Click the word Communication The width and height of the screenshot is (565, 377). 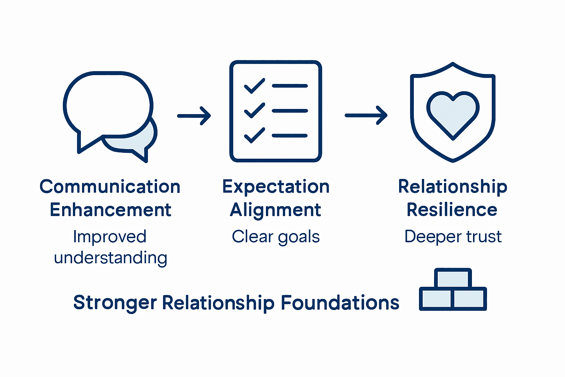(110, 187)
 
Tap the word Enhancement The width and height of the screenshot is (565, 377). (110, 210)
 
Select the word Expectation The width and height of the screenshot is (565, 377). (276, 187)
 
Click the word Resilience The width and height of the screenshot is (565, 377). (452, 210)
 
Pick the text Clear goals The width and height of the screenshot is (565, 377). (276, 237)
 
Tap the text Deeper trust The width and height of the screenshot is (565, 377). (453, 237)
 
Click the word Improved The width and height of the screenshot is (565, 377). (110, 237)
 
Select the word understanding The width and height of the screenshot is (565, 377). (110, 258)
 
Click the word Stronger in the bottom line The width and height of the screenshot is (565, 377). (115, 303)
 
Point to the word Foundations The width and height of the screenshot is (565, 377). (340, 303)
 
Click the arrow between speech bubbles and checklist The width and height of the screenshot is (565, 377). (194, 116)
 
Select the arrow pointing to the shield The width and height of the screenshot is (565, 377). (366, 115)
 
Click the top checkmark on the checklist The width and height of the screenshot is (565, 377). (254, 86)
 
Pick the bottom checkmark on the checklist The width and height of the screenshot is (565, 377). (254, 135)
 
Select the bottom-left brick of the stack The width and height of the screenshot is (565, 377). (436, 299)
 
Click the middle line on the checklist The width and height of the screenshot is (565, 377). (289, 111)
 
